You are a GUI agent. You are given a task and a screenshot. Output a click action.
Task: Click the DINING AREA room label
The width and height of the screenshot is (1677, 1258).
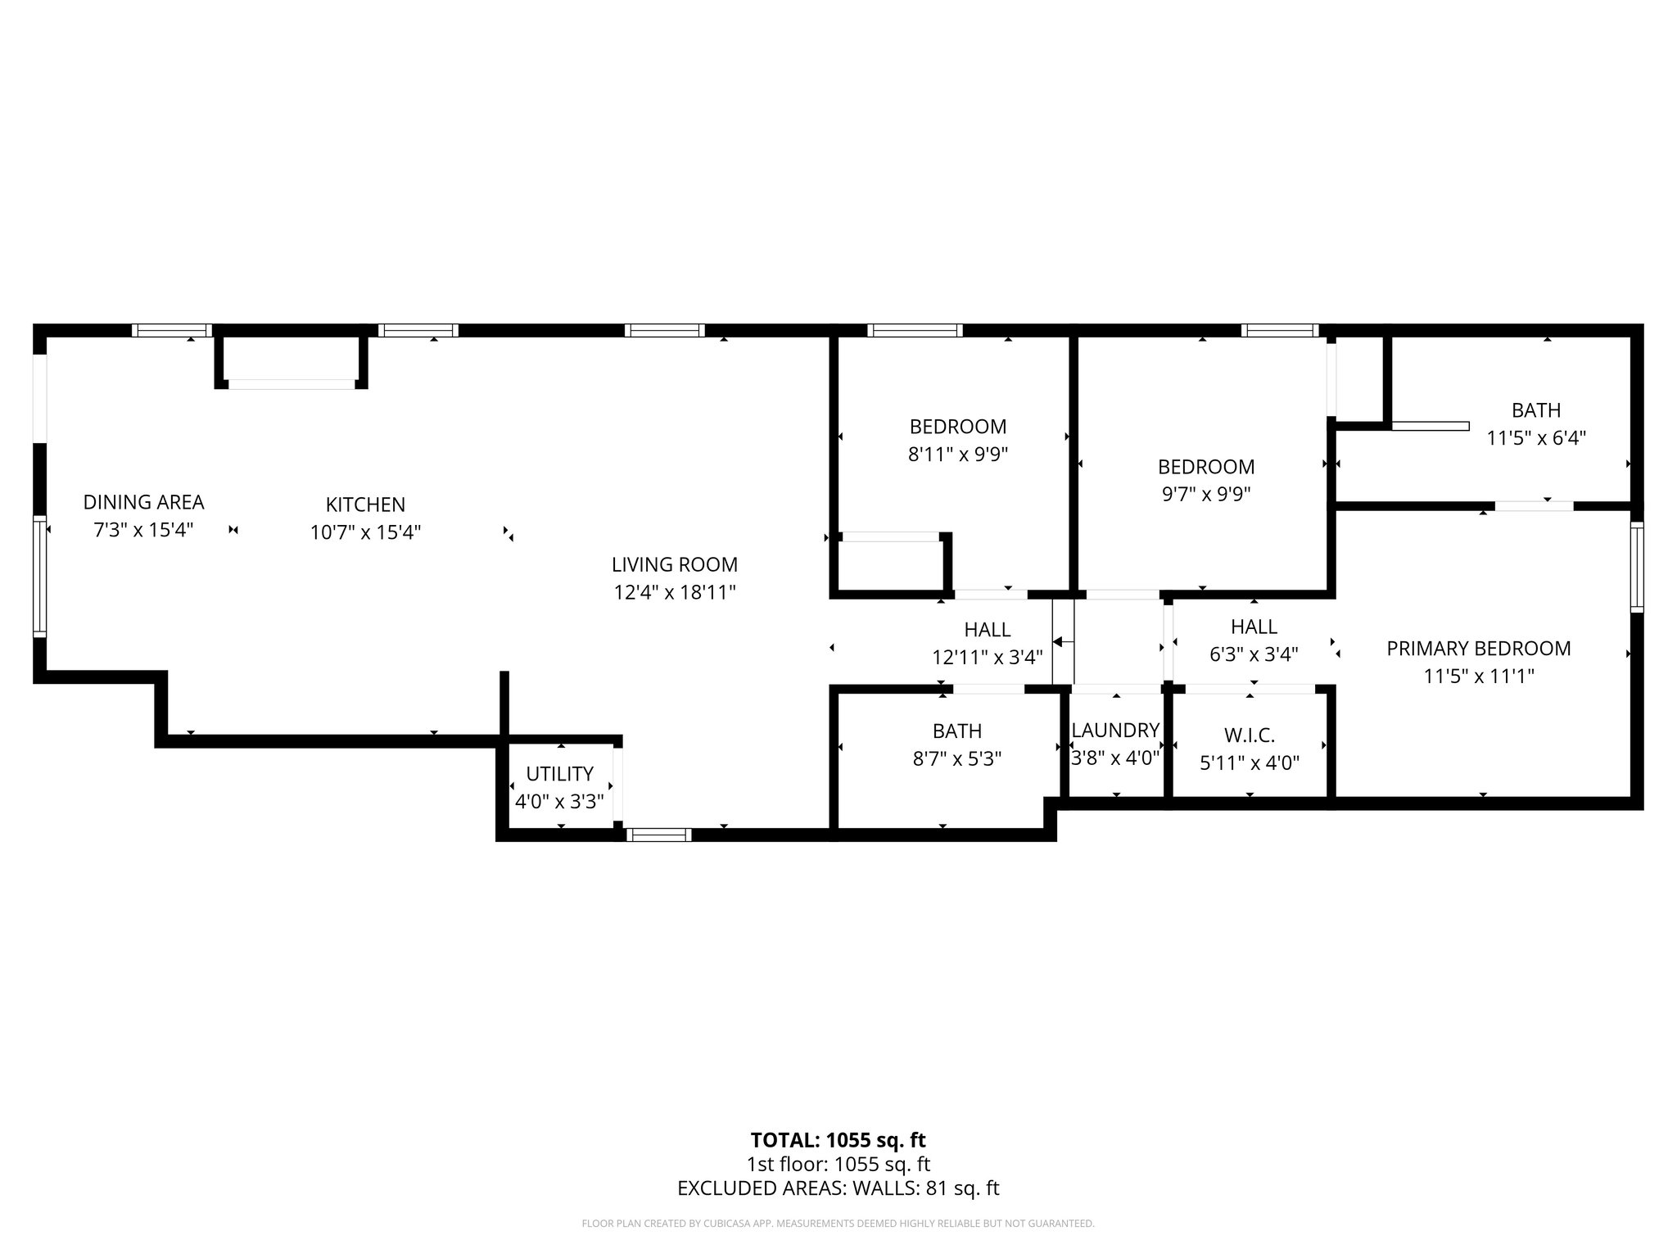[143, 502]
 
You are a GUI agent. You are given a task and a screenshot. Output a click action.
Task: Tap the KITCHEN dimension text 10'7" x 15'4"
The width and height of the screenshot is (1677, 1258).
[365, 532]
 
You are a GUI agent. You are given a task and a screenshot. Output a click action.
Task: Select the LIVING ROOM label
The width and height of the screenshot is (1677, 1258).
[674, 564]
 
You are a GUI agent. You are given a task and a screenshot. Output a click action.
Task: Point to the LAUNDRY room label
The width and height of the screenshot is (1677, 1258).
[1115, 730]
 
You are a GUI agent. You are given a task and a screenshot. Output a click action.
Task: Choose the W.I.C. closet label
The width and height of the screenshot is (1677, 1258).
[1250, 735]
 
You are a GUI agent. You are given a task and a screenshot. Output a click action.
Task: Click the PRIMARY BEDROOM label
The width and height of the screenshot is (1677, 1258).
[1478, 649]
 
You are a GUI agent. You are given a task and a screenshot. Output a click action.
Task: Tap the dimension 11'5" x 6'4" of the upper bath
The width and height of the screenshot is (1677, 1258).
[1536, 438]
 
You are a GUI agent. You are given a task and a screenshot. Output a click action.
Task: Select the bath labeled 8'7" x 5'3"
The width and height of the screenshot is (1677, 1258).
[956, 744]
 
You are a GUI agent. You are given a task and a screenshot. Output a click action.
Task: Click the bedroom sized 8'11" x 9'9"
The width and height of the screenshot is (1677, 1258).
[957, 440]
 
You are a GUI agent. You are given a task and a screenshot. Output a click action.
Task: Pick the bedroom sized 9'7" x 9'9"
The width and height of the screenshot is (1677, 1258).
[1205, 480]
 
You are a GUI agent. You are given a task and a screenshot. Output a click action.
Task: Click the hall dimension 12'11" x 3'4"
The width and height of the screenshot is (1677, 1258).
[987, 657]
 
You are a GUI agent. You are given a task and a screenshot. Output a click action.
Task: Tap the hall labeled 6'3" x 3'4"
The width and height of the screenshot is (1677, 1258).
[1254, 640]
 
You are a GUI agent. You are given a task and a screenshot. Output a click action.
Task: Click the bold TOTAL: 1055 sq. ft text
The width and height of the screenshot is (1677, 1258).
[838, 1140]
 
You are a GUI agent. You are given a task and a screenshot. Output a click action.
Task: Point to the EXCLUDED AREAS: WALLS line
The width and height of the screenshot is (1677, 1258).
[838, 1188]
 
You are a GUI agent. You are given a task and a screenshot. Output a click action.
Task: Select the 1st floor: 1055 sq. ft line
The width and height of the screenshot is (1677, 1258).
[838, 1164]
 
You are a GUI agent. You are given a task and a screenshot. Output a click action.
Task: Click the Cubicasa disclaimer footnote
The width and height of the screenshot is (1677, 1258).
[838, 1224]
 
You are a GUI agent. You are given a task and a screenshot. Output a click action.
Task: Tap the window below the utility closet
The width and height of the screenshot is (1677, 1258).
[659, 835]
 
